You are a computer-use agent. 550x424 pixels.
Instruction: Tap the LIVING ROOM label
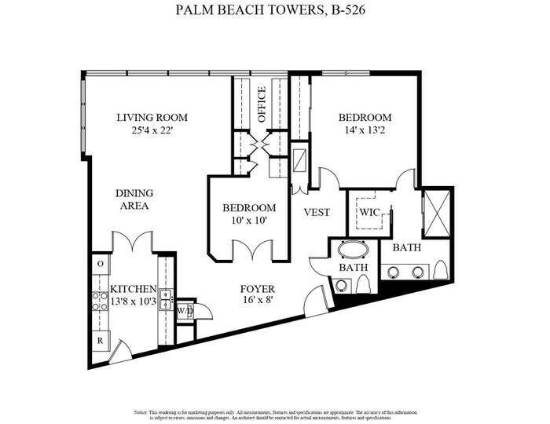[x=152, y=118]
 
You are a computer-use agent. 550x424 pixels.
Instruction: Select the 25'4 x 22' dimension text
[x=152, y=131]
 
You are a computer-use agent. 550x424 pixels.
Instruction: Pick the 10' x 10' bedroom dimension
[x=249, y=221]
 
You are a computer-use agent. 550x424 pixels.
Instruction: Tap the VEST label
[x=317, y=213]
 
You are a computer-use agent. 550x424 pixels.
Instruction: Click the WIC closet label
[x=369, y=212]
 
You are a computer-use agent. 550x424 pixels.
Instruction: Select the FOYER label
[x=257, y=289]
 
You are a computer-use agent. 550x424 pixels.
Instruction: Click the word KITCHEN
[x=133, y=289]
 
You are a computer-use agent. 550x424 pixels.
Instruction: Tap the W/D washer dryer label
[x=185, y=311]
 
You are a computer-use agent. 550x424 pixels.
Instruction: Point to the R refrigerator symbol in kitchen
[x=101, y=342]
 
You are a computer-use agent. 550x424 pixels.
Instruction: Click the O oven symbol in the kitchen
[x=101, y=264]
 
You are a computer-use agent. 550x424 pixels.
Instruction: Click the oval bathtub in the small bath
[x=353, y=252]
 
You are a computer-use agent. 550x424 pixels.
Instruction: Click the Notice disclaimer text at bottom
[x=275, y=413]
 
